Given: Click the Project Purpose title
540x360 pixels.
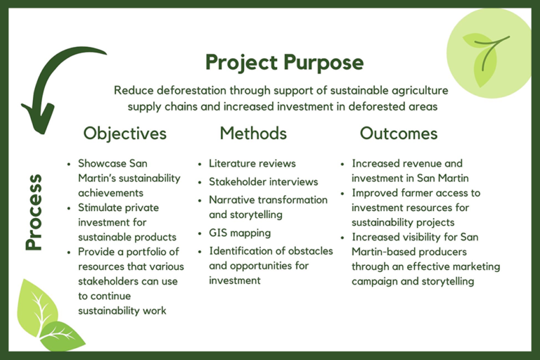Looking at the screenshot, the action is click(285, 63).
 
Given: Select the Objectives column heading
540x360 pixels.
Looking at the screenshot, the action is click(125, 134).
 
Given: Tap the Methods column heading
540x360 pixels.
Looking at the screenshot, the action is click(253, 134).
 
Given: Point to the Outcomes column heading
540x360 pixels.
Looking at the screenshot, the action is click(399, 134).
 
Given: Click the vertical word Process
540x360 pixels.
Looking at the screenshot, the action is click(34, 212).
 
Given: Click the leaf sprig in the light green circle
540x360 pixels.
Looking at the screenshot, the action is click(487, 58).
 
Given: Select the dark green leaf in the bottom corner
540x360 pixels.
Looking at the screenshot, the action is click(62, 335).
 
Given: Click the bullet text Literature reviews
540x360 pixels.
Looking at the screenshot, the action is click(252, 164).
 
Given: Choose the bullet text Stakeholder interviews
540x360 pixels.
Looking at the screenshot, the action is click(264, 182).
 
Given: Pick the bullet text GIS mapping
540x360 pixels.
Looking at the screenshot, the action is click(240, 233).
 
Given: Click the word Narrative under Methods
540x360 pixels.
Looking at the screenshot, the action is click(231, 200).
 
